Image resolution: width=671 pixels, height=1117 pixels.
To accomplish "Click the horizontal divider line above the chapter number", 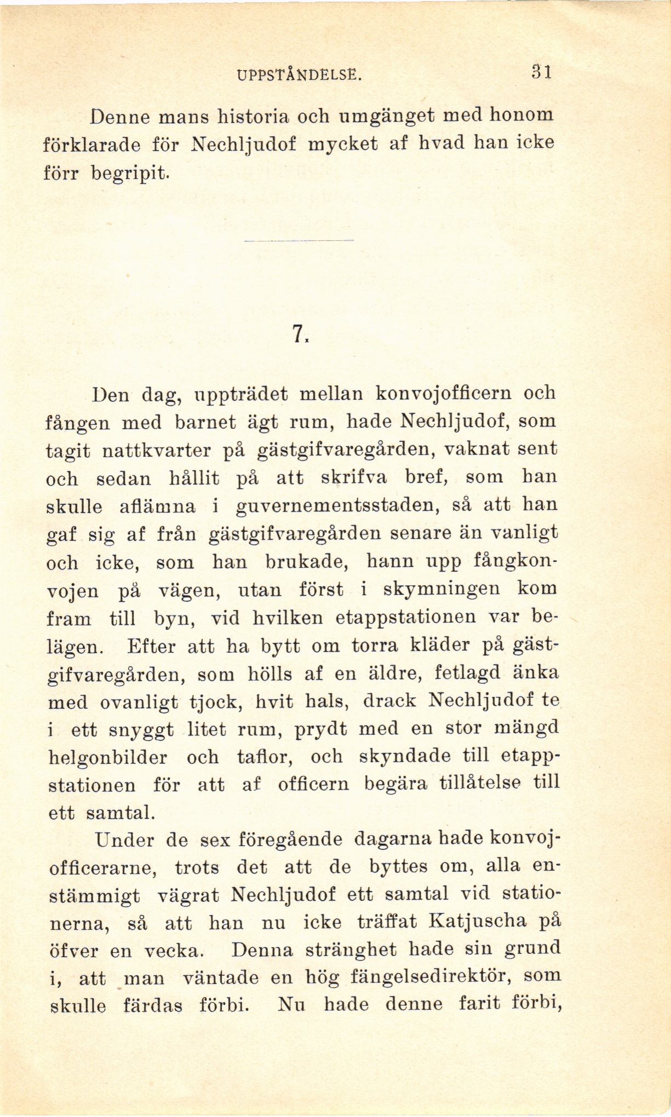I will pos(298,240).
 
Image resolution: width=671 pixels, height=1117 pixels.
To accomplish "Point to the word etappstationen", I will pos(405,618).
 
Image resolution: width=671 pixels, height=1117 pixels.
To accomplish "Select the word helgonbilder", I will pos(108,758).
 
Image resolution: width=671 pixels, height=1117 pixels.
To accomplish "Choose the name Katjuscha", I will pos(477,923).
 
